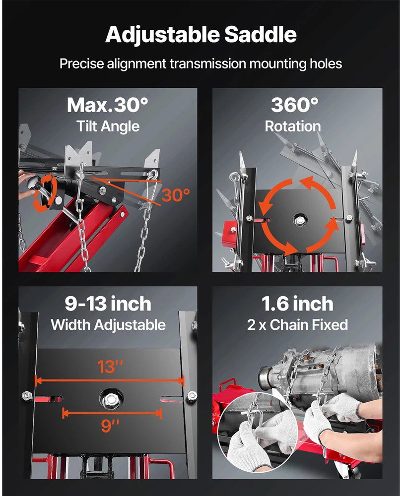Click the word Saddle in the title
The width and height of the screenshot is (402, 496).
click(261, 34)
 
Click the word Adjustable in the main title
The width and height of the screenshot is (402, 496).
click(162, 35)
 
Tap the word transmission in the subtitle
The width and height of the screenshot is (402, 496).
click(207, 63)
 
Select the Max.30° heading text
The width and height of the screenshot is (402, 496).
click(107, 105)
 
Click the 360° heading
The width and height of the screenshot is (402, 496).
click(295, 105)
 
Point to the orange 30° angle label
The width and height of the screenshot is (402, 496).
click(176, 195)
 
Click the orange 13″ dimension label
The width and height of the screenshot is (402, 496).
click(110, 367)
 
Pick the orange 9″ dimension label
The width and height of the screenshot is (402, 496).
click(110, 426)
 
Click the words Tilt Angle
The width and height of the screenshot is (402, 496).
click(108, 126)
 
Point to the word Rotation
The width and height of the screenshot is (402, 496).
click(293, 126)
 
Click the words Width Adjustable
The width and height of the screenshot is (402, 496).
click(108, 325)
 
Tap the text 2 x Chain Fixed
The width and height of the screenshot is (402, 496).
click(297, 325)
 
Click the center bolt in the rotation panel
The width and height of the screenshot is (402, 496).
click(298, 219)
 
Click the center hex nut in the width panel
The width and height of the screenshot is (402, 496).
click(111, 399)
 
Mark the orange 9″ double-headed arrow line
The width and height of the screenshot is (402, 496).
click(112, 413)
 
